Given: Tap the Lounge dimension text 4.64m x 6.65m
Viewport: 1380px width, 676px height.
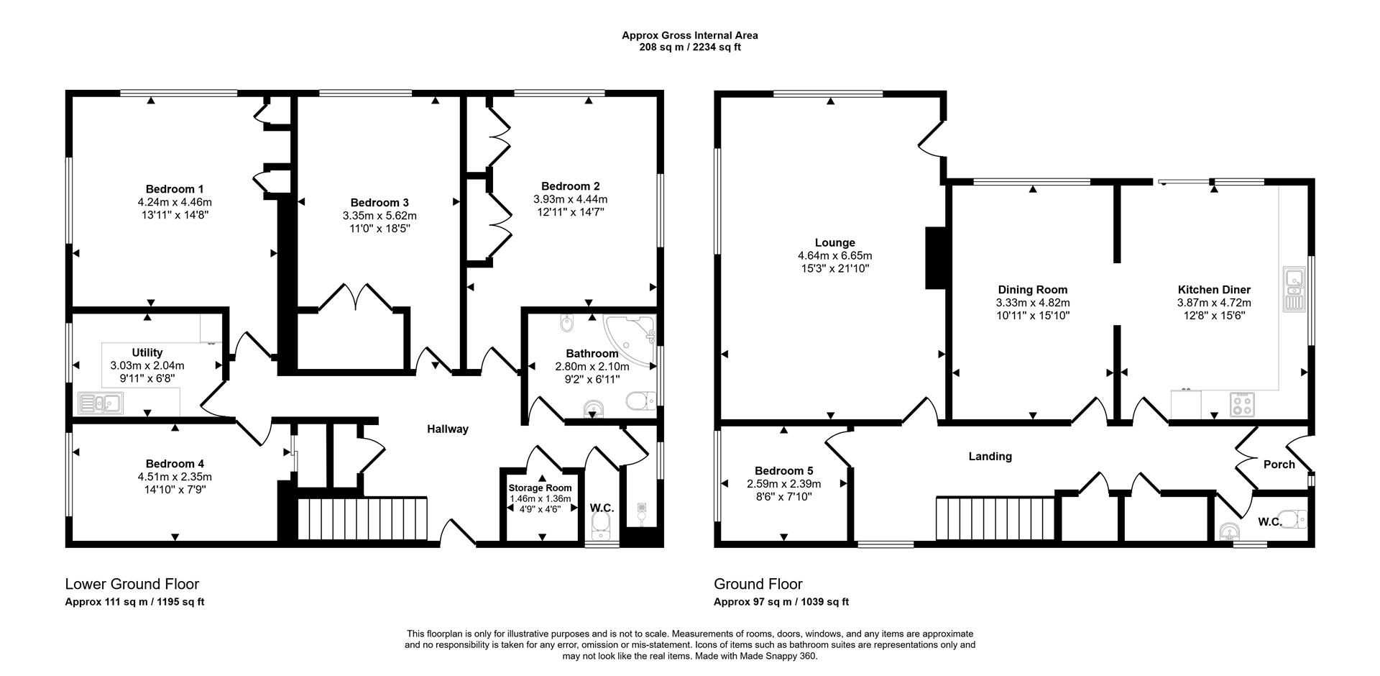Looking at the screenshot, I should pyautogui.click(x=834, y=255).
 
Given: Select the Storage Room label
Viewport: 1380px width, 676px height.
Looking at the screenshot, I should pyautogui.click(x=541, y=488).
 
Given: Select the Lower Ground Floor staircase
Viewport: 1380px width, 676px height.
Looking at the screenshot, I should pyautogui.click(x=363, y=518).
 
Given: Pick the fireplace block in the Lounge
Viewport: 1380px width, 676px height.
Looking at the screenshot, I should pyautogui.click(x=935, y=259).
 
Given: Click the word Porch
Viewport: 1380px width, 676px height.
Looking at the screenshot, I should pyautogui.click(x=1279, y=465).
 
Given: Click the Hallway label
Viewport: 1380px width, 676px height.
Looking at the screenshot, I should pyautogui.click(x=447, y=429).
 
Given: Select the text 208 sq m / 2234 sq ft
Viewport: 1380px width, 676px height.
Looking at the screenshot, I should pyautogui.click(x=689, y=47).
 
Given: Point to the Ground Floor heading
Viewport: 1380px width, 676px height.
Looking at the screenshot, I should pyautogui.click(x=758, y=584).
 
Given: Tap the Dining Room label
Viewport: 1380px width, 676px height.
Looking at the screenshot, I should pyautogui.click(x=1032, y=290).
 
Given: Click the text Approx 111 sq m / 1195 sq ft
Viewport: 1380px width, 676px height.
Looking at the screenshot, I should pyautogui.click(x=134, y=602).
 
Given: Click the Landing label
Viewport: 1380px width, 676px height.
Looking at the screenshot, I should pyautogui.click(x=990, y=456).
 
